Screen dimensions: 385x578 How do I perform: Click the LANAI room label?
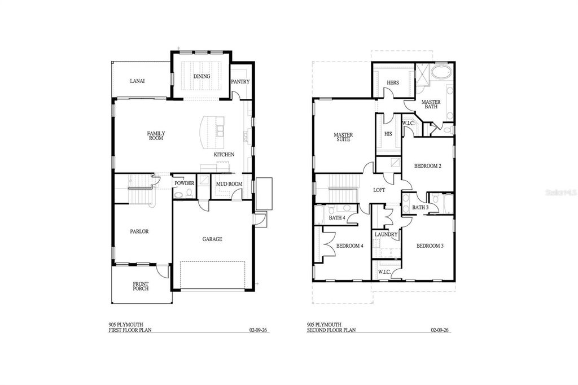137,81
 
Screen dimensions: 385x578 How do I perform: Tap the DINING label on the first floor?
202,76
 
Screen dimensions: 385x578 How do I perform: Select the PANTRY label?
240,82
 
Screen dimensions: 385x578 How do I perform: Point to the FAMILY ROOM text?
156,135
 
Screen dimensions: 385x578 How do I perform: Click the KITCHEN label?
224,155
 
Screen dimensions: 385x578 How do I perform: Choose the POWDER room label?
184,183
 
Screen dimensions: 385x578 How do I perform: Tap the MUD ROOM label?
229,184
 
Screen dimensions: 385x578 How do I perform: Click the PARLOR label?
139,231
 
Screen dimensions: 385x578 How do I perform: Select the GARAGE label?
212,239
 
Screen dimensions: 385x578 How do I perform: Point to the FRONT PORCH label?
141,286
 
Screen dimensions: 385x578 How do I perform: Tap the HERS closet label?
393,83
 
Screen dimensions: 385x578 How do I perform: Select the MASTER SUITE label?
343,137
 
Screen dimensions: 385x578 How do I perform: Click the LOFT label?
379,190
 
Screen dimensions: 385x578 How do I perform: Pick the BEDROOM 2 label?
427,166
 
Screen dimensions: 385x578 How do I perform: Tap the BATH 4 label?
337,218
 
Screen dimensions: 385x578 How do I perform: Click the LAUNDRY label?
386,235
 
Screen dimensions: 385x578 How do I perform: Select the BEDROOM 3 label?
430,246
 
